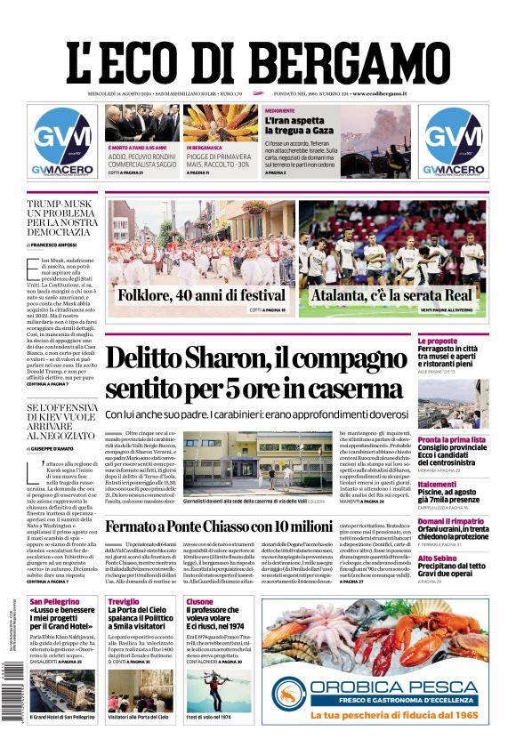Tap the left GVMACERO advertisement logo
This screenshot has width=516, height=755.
click(62, 142)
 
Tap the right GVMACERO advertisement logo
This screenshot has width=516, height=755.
click(454, 142)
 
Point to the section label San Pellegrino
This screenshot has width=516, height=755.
click(54, 602)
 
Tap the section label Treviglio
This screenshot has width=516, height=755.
click(122, 602)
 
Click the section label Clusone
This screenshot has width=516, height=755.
click(200, 602)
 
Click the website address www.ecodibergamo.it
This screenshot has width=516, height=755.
click(379, 93)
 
